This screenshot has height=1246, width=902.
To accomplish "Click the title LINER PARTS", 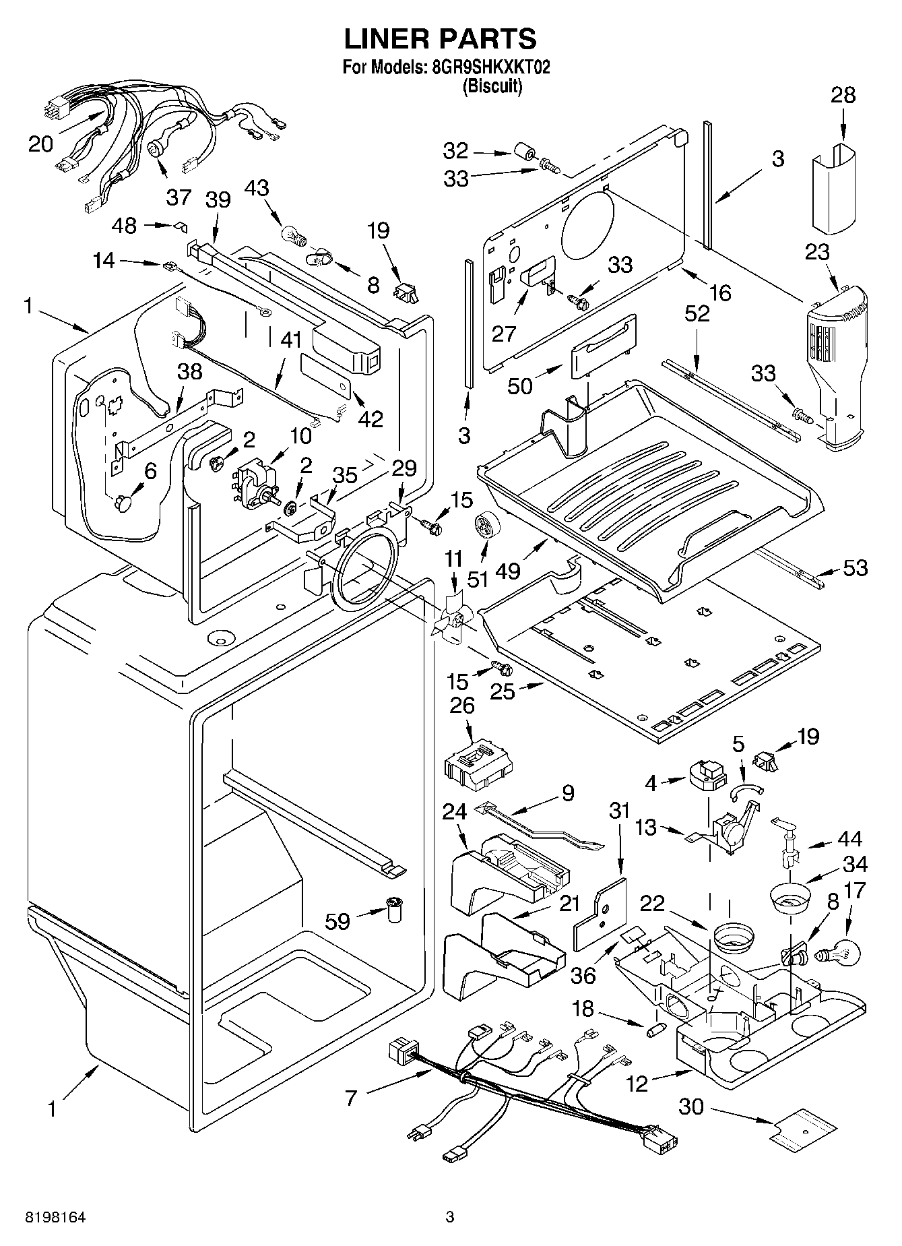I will point(441,39).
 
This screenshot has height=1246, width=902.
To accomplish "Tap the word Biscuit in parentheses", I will point(492,86).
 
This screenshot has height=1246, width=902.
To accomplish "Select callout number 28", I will point(843,95).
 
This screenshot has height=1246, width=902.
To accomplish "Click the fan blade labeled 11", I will point(450,617).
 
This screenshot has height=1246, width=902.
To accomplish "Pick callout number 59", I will point(337,921).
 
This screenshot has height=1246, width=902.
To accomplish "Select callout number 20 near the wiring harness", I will point(41,144).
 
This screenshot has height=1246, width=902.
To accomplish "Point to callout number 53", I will point(855,568).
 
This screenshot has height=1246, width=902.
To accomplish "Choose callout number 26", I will point(462,706).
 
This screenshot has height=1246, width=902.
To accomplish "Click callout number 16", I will point(719,292).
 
